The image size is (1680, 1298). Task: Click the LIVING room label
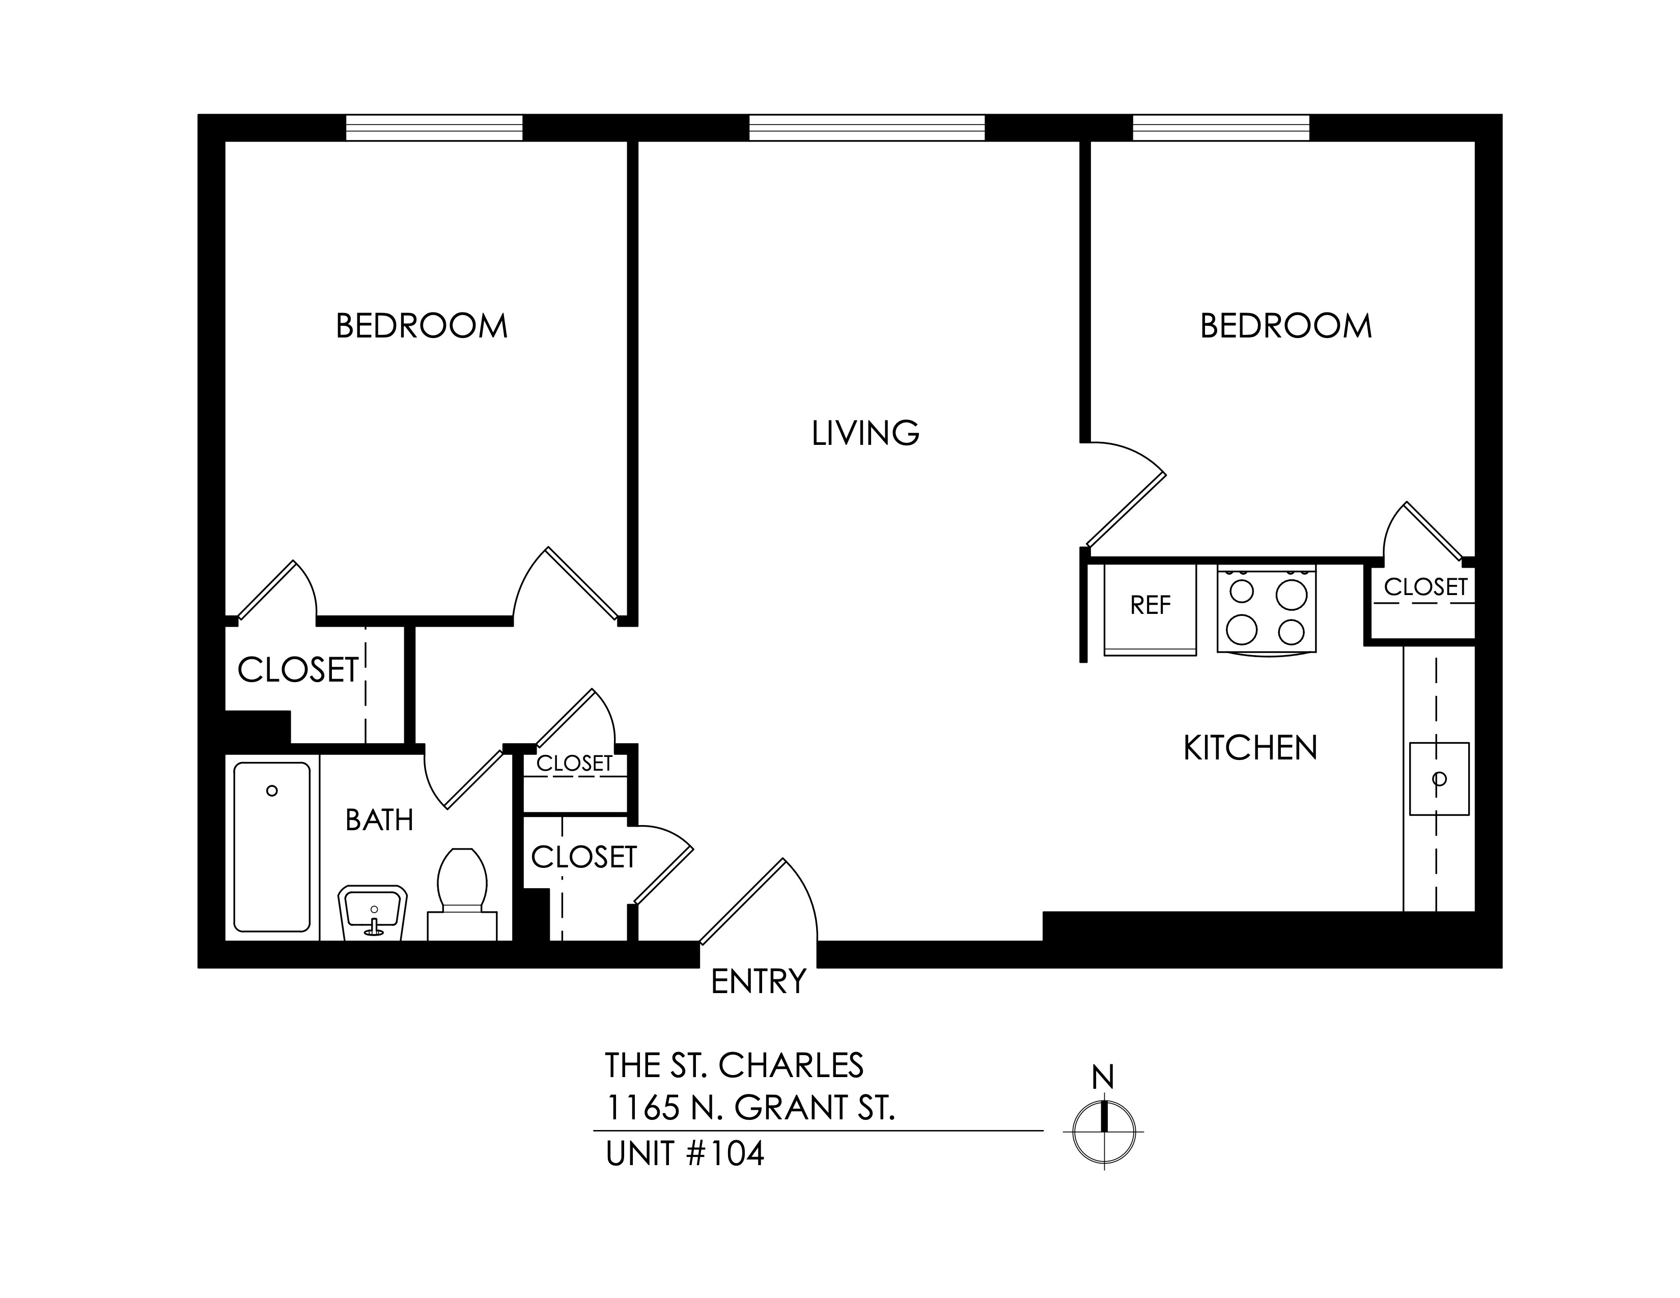pos(865,434)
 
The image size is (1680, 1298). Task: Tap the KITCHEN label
pos(1250,748)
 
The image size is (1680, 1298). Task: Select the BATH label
pos(379,821)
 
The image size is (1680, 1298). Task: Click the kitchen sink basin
pos(1439,779)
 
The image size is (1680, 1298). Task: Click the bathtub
pos(271,846)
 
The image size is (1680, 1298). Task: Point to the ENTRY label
pos(759,982)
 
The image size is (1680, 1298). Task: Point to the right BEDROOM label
pos(1285,327)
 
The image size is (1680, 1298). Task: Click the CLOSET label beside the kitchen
pos(1425,587)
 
